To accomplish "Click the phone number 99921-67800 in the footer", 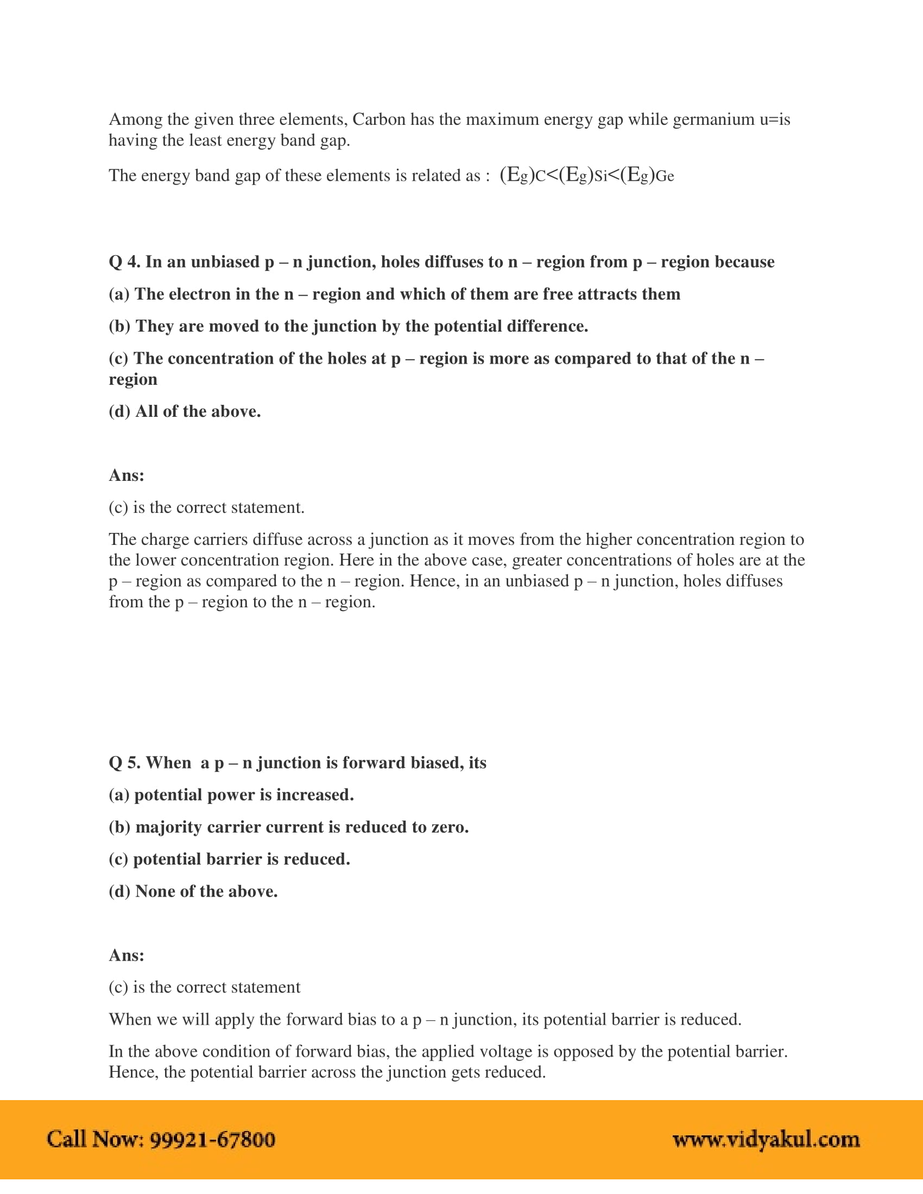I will (212, 1139).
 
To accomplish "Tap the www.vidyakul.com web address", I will (766, 1139).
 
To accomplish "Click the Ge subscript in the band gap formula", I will (665, 176).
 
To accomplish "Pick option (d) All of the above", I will (185, 411).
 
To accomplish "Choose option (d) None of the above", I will (193, 891).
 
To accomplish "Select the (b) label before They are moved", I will (119, 326).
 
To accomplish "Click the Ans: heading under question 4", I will (127, 475).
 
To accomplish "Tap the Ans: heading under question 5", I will (127, 955).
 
